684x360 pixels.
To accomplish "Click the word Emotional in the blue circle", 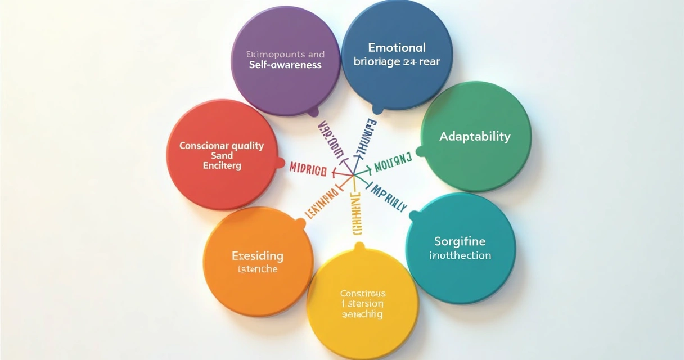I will coord(397,47).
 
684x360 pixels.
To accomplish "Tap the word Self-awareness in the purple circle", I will coord(285,65).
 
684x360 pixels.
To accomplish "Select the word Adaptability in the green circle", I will coord(475,136).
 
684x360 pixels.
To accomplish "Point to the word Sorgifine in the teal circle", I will coord(460,241).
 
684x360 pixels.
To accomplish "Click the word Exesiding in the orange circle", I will coord(258,256).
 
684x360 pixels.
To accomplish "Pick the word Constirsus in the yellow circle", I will coord(363,293).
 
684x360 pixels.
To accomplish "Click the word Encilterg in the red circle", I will coord(222,166).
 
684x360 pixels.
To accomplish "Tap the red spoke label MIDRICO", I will coord(308,168).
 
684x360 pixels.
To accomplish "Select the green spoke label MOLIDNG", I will coord(393,163).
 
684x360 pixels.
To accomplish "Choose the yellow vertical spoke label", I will coord(355,213).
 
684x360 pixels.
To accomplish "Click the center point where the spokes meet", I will coord(353,175).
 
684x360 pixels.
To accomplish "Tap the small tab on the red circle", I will coord(280,163).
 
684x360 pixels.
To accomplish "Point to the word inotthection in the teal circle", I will coord(460,255).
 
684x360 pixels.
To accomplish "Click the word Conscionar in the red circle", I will coord(200,146).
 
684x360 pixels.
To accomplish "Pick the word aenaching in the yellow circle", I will coord(362,314).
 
